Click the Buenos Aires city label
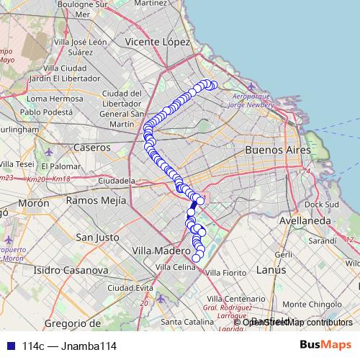277,150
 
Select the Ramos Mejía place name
96,200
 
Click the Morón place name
33,204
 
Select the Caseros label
91,146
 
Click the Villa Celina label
175,267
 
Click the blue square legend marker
9,346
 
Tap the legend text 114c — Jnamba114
69,346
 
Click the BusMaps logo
325,346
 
